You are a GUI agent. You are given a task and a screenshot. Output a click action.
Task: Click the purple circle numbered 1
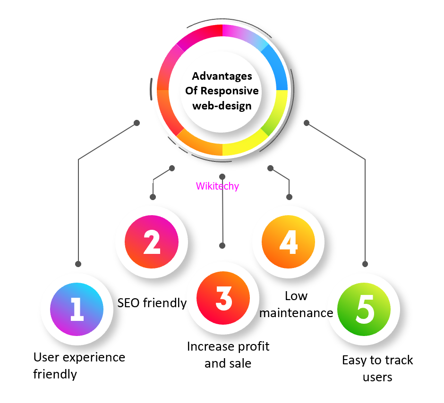coord(77,309)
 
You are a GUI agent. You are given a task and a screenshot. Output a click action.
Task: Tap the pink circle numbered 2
coord(152,242)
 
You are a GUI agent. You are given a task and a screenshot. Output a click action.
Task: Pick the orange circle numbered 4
coord(289,242)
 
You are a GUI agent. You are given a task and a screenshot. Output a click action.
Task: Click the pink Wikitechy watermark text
coord(217,186)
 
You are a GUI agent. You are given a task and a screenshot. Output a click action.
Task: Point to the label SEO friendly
coord(152,303)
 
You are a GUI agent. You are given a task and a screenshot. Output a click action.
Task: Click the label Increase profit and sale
coord(228,355)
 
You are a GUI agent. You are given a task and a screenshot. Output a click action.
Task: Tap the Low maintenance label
coord(297,304)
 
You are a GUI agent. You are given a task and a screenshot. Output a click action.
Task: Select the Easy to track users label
coord(377,369)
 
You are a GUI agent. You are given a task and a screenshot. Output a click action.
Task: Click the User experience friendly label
coord(79,366)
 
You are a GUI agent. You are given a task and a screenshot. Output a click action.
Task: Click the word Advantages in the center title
coord(222,76)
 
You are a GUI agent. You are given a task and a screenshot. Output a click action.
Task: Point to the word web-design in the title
coord(222,105)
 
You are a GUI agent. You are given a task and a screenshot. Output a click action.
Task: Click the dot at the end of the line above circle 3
coord(222,245)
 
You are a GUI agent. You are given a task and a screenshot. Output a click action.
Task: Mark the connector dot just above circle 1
coord(78,264)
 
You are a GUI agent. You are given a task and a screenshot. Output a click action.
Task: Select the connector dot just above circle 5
coord(365,264)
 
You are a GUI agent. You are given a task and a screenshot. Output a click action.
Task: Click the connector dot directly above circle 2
coord(152,197)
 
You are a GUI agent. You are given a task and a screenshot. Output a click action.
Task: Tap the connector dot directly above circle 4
coord(289,197)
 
